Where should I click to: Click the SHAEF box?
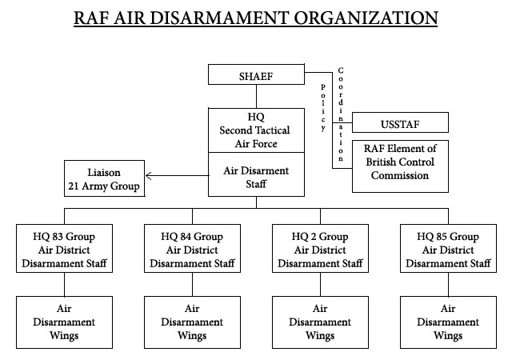coord(256,75)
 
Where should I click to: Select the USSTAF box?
coord(400,123)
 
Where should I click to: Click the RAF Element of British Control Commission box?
coord(400,165)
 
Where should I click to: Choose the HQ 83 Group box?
coord(64,250)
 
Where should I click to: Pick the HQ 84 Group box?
coord(192,250)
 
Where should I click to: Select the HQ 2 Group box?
coord(320,250)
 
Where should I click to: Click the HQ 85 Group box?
coord(448,250)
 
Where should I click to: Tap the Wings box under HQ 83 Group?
coord(64,322)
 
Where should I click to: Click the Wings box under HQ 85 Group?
coord(448,322)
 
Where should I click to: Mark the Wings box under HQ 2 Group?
coord(320,322)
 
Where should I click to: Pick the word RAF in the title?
coord(94,17)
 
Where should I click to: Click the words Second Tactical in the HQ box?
coord(256,130)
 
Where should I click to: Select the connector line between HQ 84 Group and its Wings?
coord(192,286)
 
